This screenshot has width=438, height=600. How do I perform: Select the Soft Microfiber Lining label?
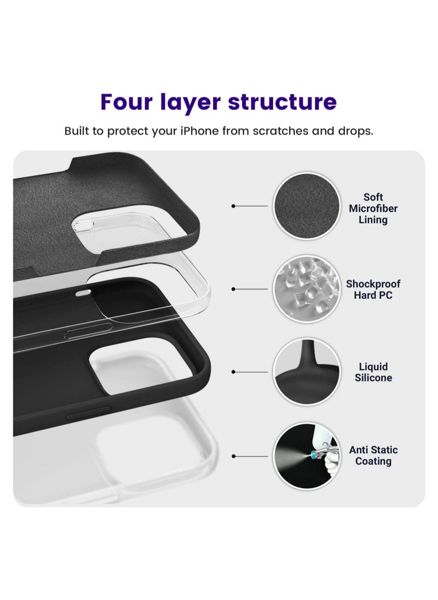(373, 209)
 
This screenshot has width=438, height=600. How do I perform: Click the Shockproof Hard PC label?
(373, 290)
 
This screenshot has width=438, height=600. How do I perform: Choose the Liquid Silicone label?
(373, 372)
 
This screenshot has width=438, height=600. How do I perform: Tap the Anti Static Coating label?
(373, 455)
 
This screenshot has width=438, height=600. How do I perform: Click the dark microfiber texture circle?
(304, 206)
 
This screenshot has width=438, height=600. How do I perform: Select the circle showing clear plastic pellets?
(304, 289)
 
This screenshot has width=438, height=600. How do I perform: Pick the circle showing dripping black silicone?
(304, 372)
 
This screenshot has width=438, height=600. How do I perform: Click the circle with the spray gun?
(304, 455)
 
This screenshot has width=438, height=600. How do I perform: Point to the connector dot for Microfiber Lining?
(234, 206)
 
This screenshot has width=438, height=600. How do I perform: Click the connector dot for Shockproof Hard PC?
(234, 289)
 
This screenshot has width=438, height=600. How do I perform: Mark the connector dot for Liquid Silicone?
(234, 372)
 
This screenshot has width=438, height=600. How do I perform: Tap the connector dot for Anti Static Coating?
(234, 455)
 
